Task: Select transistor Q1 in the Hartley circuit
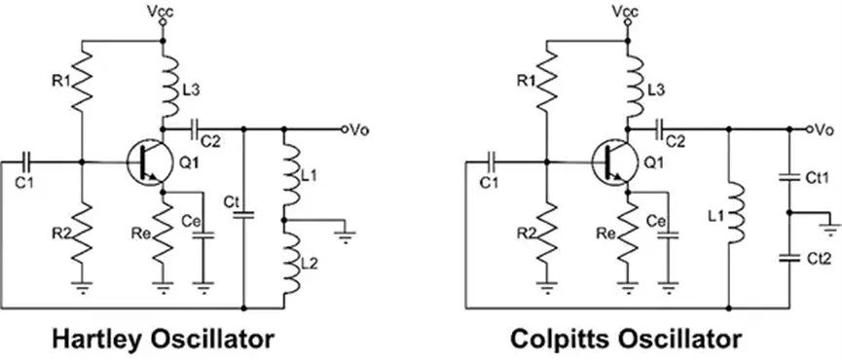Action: pos(145,161)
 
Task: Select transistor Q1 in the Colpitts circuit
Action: pos(610,161)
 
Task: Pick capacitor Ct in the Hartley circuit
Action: pos(243,210)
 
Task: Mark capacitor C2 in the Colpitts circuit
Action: pos(663,127)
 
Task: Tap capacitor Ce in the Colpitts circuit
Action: pos(668,234)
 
